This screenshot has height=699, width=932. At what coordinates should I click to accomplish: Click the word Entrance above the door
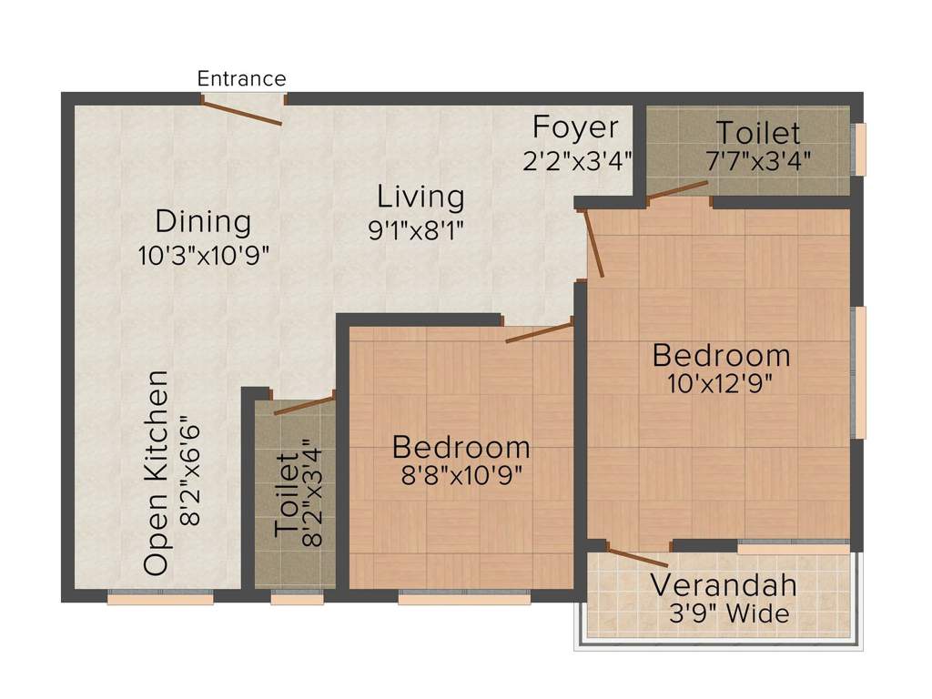tap(241, 79)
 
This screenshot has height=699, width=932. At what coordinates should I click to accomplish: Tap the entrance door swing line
tap(241, 113)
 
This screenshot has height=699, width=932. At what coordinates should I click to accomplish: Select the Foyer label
tap(575, 127)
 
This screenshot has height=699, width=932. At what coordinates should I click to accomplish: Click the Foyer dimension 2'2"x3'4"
tap(577, 161)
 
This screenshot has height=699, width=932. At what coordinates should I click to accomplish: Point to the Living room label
tap(420, 197)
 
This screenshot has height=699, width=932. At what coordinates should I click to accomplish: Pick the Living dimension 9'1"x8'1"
tap(416, 230)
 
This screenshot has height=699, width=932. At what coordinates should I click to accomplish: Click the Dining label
tap(202, 221)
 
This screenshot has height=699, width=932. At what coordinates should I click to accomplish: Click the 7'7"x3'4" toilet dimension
tap(758, 161)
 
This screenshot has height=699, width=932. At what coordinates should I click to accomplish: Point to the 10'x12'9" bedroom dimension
tap(720, 383)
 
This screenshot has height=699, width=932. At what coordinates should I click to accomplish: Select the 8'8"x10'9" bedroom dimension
tap(461, 476)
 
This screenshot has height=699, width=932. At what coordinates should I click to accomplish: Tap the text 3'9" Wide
tap(728, 614)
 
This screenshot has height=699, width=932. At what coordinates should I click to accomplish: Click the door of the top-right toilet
tap(677, 189)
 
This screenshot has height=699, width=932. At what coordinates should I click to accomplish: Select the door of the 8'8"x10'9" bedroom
tap(539, 332)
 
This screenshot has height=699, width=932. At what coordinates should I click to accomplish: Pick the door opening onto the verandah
tap(637, 558)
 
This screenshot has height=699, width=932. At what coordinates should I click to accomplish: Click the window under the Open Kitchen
tap(160, 598)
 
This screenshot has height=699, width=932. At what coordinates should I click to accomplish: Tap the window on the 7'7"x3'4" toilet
tap(858, 149)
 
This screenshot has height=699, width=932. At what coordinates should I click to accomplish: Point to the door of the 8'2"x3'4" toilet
tap(304, 405)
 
